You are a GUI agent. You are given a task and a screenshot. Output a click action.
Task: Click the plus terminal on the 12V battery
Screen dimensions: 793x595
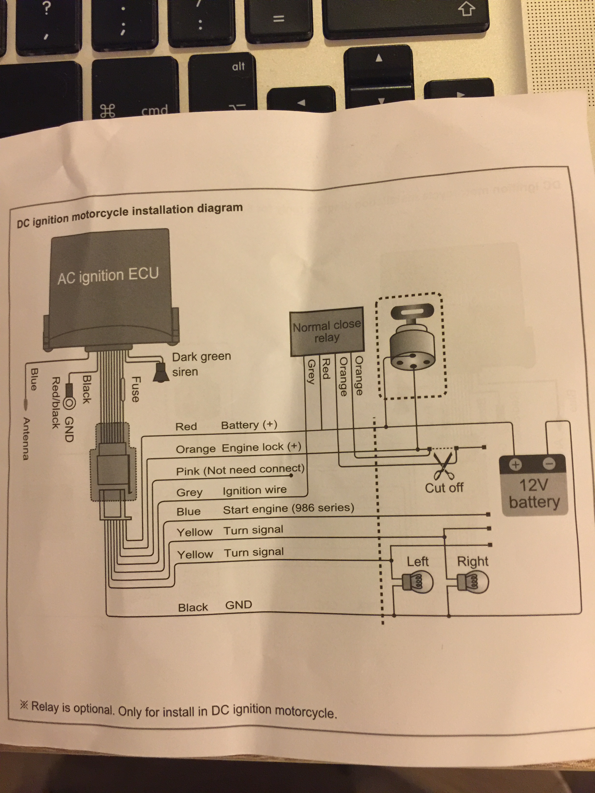(515, 465)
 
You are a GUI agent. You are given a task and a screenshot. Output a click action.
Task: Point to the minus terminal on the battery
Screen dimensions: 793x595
(549, 464)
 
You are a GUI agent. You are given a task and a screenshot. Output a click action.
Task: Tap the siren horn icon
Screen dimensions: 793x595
(160, 373)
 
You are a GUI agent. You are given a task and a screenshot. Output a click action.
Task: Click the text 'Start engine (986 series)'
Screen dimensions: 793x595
(288, 508)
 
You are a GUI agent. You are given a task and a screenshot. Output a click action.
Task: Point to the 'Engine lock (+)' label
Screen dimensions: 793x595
(261, 448)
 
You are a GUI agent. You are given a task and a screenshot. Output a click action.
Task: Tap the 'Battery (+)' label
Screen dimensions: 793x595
(249, 425)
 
